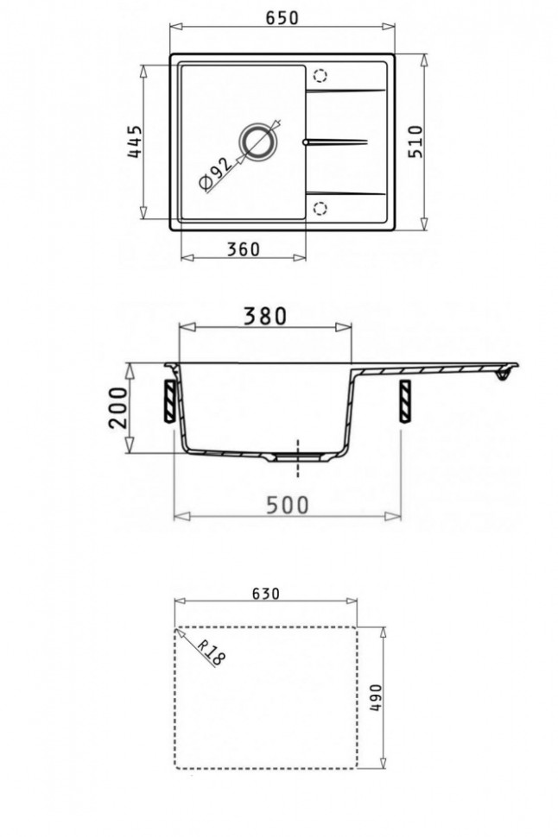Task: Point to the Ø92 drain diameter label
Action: [212, 173]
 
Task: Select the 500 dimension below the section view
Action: [286, 505]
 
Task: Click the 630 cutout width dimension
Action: [264, 594]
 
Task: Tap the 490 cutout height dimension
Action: [374, 697]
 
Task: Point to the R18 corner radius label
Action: [209, 652]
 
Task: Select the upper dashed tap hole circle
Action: [321, 74]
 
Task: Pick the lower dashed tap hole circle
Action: [321, 208]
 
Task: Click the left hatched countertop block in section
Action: [171, 401]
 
